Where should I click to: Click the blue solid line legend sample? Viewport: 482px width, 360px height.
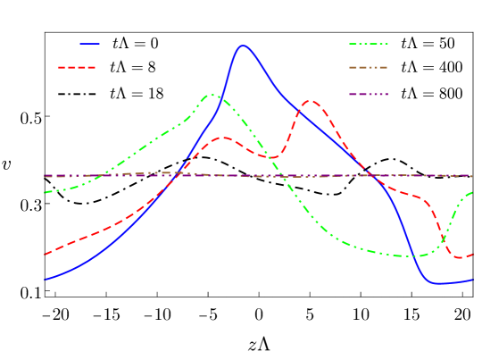pyautogui.click(x=89, y=43)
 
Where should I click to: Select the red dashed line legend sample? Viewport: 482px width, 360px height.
pyautogui.click(x=77, y=67)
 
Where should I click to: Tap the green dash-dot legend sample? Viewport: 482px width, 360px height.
pyautogui.click(x=368, y=44)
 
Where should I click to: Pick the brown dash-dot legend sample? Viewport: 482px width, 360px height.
pyautogui.click(x=368, y=67)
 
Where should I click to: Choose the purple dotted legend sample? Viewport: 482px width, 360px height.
pyautogui.click(x=368, y=94)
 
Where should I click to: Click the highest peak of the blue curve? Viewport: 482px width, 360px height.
pyautogui.click(x=242, y=45)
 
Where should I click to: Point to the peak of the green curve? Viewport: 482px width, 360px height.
pyautogui.click(x=212, y=94)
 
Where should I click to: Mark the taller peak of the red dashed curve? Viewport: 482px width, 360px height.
pyautogui.click(x=309, y=101)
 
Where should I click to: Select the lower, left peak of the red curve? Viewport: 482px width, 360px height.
pyautogui.click(x=223, y=138)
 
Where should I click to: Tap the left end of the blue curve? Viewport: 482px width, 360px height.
pyautogui.click(x=46, y=279)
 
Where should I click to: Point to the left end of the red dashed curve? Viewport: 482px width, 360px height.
pyautogui.click(x=46, y=254)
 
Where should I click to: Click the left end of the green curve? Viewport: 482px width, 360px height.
pyautogui.click(x=46, y=192)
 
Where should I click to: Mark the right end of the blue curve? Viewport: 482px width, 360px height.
pyautogui.click(x=472, y=280)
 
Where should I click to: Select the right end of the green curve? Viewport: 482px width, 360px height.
pyautogui.click(x=471, y=192)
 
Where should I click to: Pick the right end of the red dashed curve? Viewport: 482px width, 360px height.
pyautogui.click(x=472, y=255)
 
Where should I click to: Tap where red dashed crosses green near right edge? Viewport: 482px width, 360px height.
pyautogui.click(x=442, y=237)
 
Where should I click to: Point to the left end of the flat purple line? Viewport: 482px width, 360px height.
pyautogui.click(x=46, y=176)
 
